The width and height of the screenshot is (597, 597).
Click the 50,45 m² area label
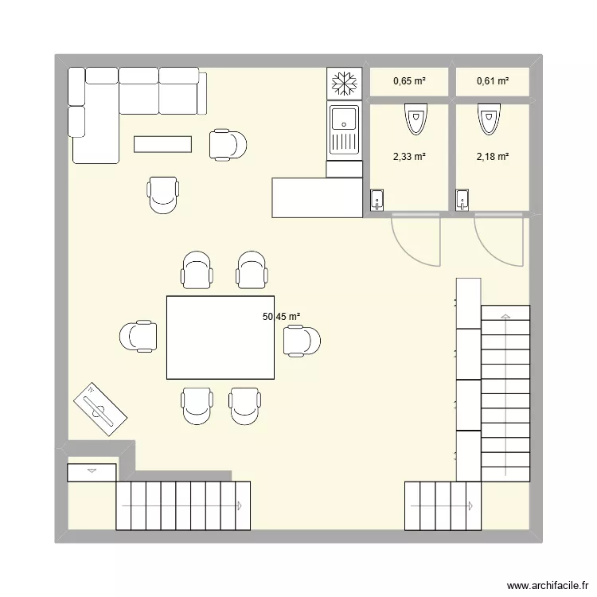click(x=281, y=317)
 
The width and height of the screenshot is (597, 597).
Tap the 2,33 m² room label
click(x=409, y=157)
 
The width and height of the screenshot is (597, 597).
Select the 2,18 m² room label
click(x=492, y=157)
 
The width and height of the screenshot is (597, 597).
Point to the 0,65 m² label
click(x=409, y=80)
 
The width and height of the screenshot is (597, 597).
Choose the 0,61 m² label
click(x=492, y=80)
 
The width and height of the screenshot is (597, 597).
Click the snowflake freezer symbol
click(x=345, y=83)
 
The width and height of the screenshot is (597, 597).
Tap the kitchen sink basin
click(x=345, y=120)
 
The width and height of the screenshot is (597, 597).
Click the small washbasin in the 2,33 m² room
click(x=377, y=201)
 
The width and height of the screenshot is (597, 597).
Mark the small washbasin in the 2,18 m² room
click(x=462, y=201)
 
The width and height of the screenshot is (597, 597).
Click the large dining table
click(x=220, y=337)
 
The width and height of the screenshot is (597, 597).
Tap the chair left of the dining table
click(x=139, y=336)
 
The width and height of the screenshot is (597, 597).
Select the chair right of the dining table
click(x=302, y=341)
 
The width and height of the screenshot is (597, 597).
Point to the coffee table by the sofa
click(x=162, y=143)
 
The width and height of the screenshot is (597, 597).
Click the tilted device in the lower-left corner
click(x=100, y=409)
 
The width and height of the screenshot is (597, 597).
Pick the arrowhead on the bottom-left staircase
click(x=238, y=505)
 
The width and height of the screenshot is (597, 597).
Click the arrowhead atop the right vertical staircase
click(x=505, y=317)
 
